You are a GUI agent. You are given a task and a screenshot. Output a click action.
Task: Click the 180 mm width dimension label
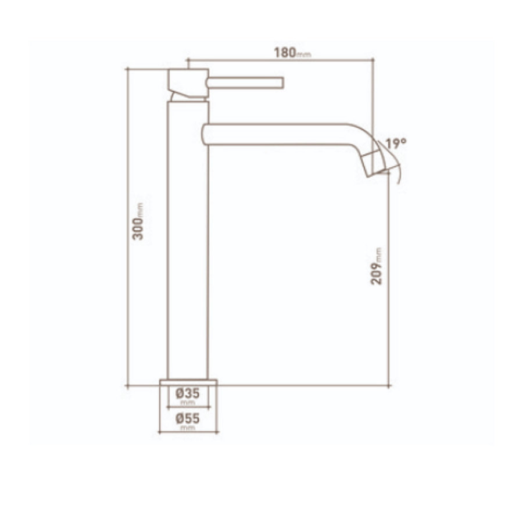point(292,52)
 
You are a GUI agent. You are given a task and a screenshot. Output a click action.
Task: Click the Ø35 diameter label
point(187,393)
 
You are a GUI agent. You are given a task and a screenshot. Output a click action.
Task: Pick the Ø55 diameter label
point(187,418)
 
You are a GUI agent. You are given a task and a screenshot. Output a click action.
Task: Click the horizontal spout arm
point(279,134)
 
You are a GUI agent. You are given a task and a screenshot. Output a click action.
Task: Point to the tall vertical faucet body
point(187,238)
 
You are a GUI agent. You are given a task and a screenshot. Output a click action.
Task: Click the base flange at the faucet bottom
point(187,382)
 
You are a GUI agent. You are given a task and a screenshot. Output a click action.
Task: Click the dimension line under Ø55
point(187,432)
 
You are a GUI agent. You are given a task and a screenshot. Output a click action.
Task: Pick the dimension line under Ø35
point(187,407)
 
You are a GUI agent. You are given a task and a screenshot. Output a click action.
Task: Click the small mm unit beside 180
point(305,55)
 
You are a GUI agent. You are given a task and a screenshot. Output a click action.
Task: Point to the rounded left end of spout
point(204,134)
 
